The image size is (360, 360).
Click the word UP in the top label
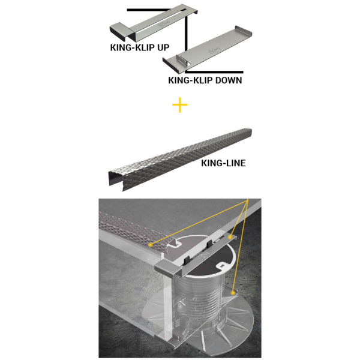(163, 47)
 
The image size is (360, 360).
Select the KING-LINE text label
(223, 163)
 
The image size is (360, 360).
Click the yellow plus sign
(180, 105)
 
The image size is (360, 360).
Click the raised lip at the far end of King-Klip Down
(243, 31)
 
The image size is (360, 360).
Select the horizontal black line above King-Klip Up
(149, 10)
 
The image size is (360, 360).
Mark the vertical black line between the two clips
(186, 34)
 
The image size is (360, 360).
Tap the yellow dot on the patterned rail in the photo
(151, 245)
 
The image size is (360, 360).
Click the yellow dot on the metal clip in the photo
(230, 237)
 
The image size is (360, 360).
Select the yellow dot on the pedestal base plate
(233, 293)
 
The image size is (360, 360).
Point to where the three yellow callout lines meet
(248, 199)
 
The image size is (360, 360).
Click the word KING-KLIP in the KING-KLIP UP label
(133, 47)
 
